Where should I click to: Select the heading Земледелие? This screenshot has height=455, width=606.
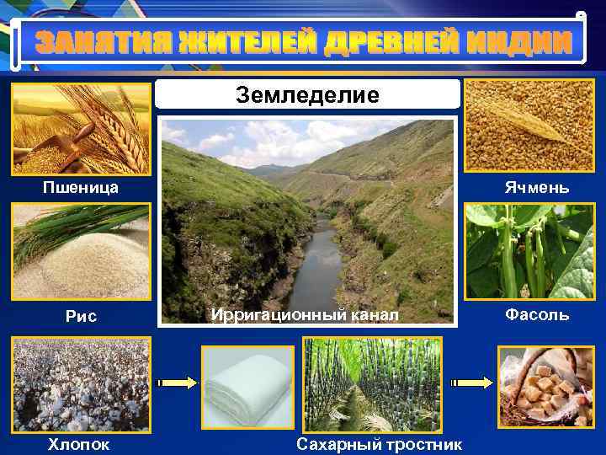click(307, 94)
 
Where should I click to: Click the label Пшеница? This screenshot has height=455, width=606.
click(81, 187)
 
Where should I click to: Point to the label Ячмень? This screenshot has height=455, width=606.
click(536, 187)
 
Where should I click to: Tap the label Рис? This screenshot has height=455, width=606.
click(81, 316)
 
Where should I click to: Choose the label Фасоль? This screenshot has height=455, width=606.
click(536, 315)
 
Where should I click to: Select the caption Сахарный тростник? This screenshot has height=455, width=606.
click(380, 443)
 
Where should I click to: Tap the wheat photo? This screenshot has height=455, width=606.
click(81, 126)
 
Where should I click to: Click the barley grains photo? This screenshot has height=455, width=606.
click(529, 126)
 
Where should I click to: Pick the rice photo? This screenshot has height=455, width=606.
click(81, 253)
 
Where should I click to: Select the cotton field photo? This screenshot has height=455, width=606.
click(81, 384)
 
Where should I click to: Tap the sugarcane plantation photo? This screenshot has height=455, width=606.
click(371, 384)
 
